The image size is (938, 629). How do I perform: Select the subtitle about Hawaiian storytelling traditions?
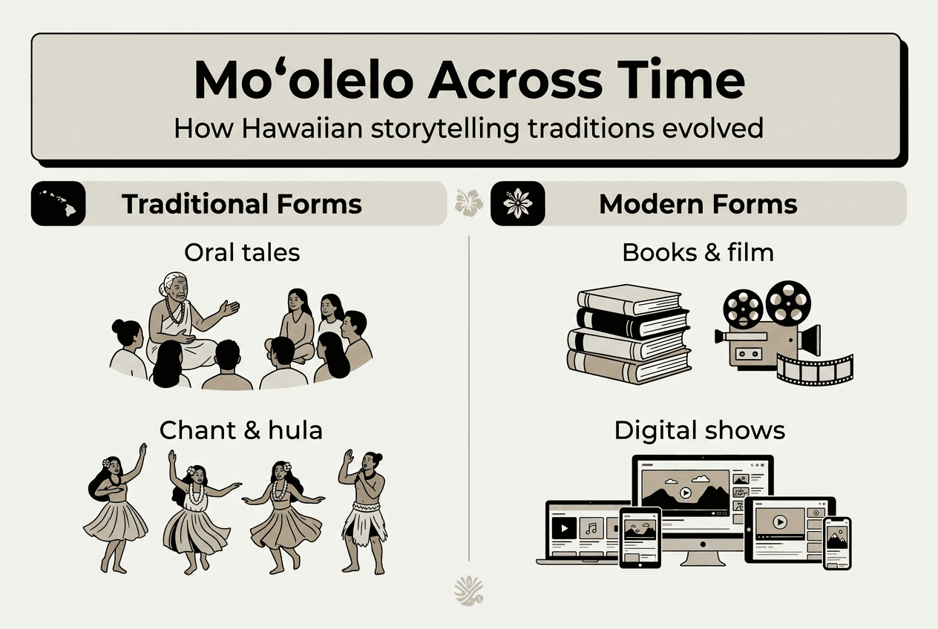pyautogui.click(x=468, y=128)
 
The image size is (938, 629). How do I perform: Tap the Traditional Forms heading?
pyautogui.click(x=242, y=204)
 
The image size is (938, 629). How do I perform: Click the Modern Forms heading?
pyautogui.click(x=698, y=204)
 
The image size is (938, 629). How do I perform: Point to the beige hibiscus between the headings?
pyautogui.click(x=468, y=202)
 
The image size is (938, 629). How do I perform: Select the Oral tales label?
pyautogui.click(x=242, y=252)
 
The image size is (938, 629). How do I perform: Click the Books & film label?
pyautogui.click(x=698, y=252)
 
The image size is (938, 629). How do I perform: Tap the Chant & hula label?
pyautogui.click(x=242, y=430)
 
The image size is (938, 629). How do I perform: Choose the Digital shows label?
pyautogui.click(x=699, y=430)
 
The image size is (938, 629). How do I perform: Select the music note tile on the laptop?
pyautogui.click(x=591, y=528)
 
